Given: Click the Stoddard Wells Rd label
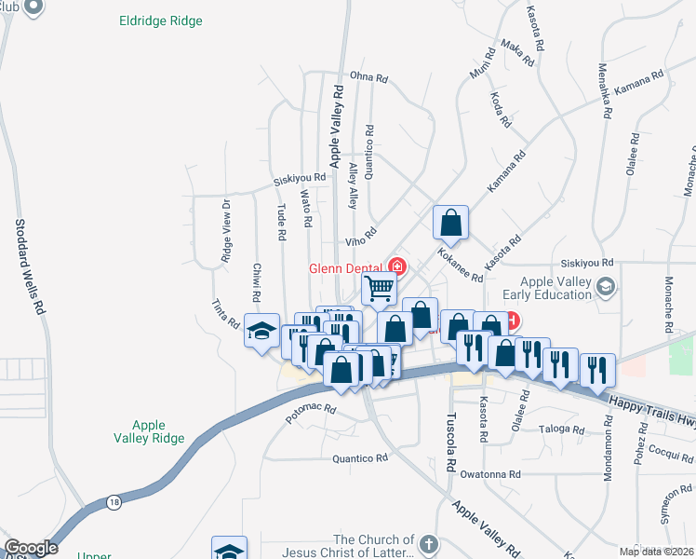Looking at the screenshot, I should click(27, 266).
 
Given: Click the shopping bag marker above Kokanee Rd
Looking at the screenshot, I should click(450, 224).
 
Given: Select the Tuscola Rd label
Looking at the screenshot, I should click(450, 442).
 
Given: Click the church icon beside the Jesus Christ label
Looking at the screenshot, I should click(428, 543).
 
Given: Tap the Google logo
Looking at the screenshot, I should click(31, 549).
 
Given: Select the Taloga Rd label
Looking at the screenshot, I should click(561, 430).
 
